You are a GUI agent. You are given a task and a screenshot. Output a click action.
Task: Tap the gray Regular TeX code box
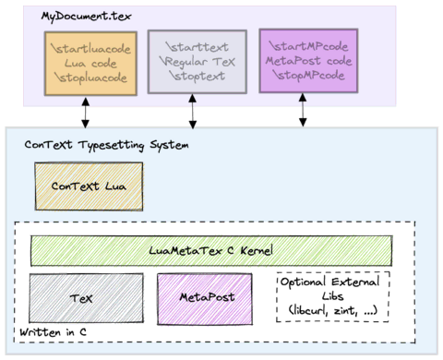(x=197, y=62)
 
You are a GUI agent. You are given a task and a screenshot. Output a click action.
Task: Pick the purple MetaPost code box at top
(x=308, y=60)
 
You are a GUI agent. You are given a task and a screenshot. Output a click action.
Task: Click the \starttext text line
(x=197, y=46)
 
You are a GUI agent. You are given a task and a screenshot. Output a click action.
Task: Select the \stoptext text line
(x=197, y=78)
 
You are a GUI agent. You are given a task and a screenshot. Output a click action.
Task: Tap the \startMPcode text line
(x=308, y=45)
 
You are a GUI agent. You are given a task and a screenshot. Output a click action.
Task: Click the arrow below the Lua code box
(x=86, y=111)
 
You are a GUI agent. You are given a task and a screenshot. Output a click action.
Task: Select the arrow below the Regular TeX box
(x=192, y=111)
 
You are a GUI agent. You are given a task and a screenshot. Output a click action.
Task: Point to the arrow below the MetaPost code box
(x=303, y=110)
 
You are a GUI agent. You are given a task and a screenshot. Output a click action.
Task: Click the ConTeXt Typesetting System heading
(x=106, y=145)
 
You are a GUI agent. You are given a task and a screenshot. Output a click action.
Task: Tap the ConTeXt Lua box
(x=89, y=186)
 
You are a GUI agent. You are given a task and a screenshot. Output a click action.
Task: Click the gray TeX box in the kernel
(x=87, y=298)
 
